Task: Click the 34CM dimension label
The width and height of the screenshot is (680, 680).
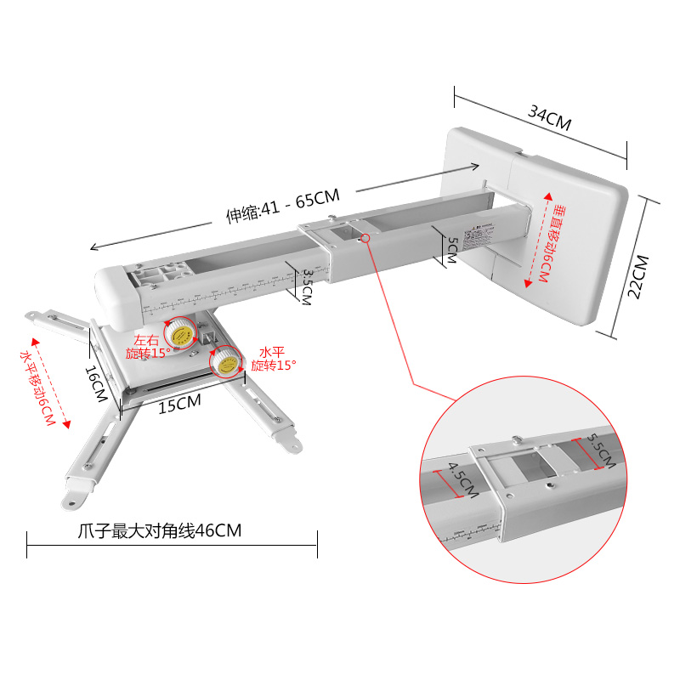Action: (550, 116)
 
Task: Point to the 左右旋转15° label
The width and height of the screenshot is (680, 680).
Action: (150, 343)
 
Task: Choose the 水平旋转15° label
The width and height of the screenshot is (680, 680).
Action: (273, 357)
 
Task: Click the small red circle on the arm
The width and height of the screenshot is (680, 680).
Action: (365, 239)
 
